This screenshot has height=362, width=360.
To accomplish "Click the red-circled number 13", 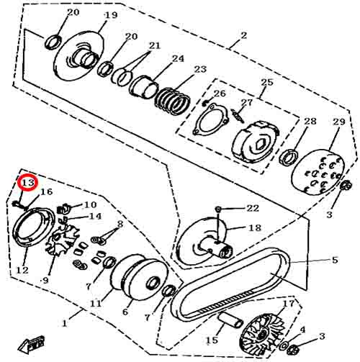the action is pos(28,184).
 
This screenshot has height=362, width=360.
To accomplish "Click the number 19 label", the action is pos(110,16).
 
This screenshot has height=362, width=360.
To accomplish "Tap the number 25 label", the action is pos(266,82).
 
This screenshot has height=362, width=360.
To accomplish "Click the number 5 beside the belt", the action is pos(334,259).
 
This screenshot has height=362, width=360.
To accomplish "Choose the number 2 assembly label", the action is pos(243,35).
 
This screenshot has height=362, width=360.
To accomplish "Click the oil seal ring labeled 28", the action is pos(292,157).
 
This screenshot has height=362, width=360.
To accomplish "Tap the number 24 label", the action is pos(177,58).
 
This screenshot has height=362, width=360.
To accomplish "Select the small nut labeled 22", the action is pos(218,209).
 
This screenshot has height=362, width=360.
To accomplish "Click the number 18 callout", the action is pos(255,227).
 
